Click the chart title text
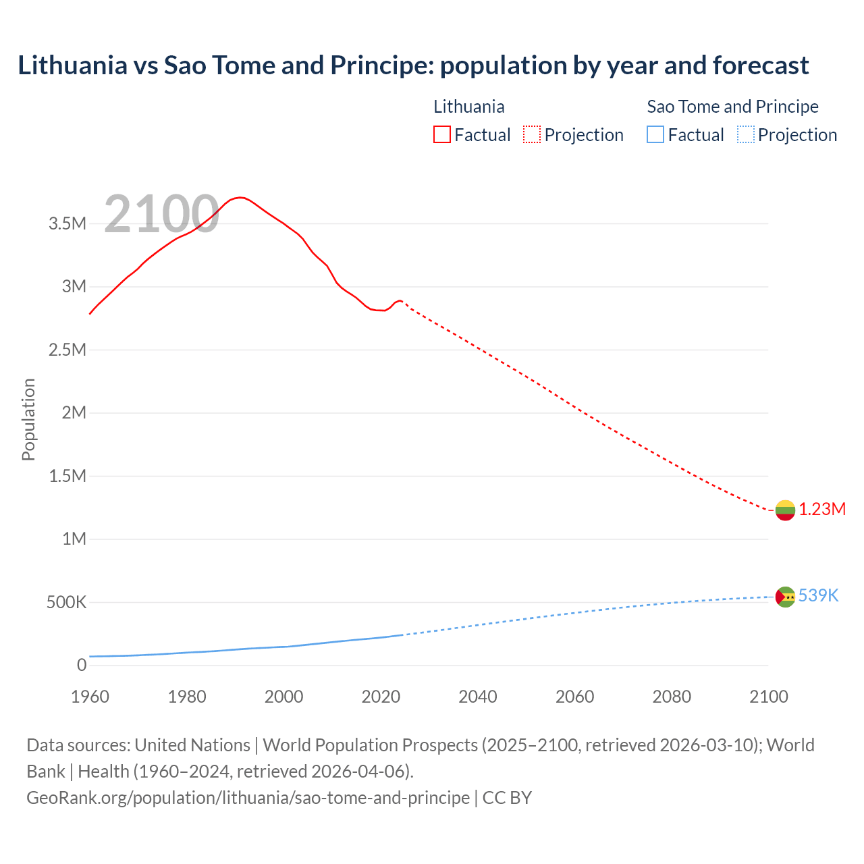[413, 65]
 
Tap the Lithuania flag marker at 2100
[785, 510]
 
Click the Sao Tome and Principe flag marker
[785, 597]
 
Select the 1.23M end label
[822, 510]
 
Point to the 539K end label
[818, 596]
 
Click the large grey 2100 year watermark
[161, 214]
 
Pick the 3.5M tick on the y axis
[67, 224]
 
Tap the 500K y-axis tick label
[66, 602]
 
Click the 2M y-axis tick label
[74, 413]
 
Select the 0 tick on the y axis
[82, 666]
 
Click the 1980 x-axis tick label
[187, 697]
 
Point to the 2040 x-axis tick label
[478, 697]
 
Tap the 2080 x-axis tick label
[672, 697]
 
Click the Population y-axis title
[28, 419]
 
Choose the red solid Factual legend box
[442, 135]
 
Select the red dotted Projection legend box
[532, 135]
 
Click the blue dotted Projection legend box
[745, 135]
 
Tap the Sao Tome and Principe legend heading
[732, 107]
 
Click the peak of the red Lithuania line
[240, 197]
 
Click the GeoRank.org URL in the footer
[248, 798]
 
